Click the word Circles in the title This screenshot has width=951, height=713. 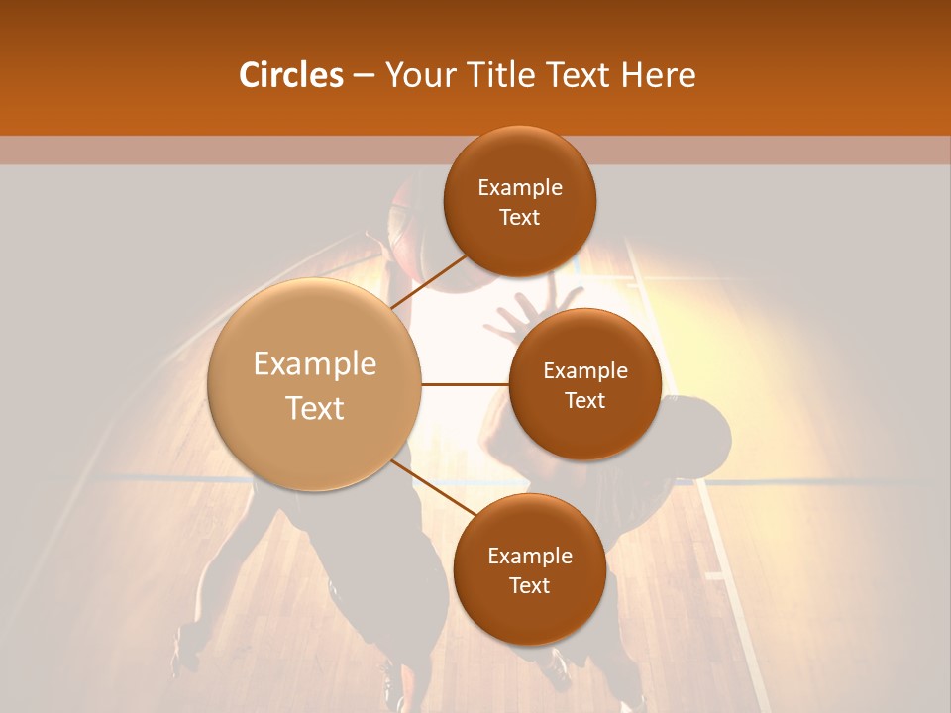(x=290, y=75)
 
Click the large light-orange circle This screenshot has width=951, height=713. (x=315, y=384)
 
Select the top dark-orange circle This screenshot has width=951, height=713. (x=520, y=201)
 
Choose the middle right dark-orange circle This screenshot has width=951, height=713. (x=585, y=384)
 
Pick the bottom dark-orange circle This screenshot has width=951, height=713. (x=530, y=569)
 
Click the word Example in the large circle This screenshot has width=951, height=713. (x=315, y=364)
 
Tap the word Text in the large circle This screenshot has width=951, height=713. (x=315, y=408)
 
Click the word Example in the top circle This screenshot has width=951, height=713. (x=520, y=187)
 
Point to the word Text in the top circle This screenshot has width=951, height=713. (x=520, y=217)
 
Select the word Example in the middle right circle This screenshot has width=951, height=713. (x=585, y=370)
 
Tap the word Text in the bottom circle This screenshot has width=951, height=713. (x=530, y=585)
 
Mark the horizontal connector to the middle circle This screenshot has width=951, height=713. (x=466, y=384)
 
